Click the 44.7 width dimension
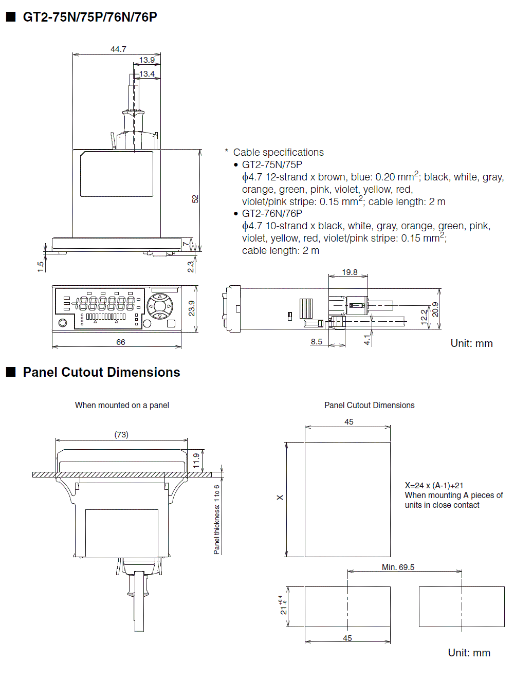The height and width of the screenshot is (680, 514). coord(118,49)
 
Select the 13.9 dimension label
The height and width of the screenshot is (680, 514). coord(146,60)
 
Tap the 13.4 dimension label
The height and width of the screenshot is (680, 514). coord(146,74)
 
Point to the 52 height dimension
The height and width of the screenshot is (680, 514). coord(195,199)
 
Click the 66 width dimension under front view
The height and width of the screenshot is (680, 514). coord(121,342)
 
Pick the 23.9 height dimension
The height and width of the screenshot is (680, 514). coord(192,308)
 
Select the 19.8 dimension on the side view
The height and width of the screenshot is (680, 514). coord(350,272)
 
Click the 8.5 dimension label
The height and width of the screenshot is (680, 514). coord(316,342)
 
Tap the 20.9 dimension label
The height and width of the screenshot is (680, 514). coord(435,309)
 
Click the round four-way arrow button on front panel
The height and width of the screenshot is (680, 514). coord(160,306)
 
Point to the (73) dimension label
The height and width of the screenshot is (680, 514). coord(121,435)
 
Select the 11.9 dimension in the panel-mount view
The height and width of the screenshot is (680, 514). coord(196,461)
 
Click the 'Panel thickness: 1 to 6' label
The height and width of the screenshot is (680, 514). coord(217,519)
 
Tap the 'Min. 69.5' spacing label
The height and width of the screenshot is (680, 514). coord(398,567)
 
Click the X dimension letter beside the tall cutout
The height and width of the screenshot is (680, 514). coord(280,498)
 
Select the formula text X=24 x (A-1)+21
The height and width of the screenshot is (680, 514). coord(434,485)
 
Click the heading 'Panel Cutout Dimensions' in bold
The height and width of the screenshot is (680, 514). coord(101,372)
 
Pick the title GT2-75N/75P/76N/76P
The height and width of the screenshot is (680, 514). coord(90,17)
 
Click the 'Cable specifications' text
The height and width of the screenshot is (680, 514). coord(278,152)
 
